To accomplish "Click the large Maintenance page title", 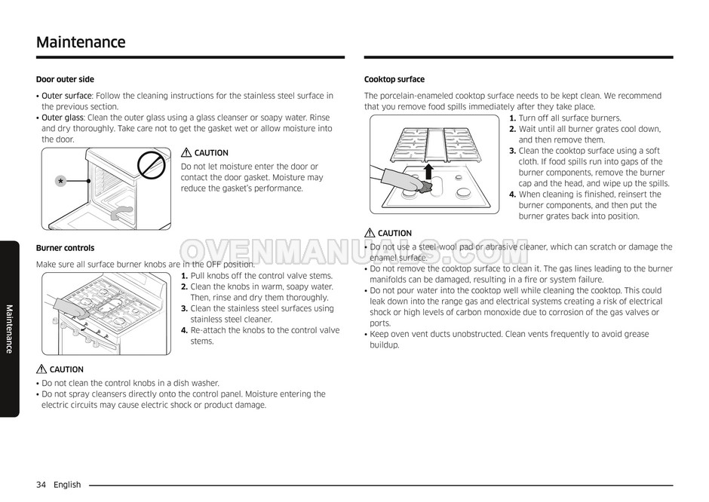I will (81, 42).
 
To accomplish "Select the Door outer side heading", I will (65, 79).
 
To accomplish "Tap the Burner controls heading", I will (65, 248).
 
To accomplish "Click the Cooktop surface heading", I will (394, 79).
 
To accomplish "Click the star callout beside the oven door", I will (60, 182).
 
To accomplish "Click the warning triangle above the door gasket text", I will (186, 153).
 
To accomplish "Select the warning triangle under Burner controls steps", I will (41, 369).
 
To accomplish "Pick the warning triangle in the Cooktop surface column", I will (370, 234).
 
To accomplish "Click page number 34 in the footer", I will (41, 485).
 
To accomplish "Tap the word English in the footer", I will (67, 485).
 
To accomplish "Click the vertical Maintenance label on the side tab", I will (9, 329).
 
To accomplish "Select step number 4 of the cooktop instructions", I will (512, 194).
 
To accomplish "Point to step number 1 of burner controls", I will (184, 276).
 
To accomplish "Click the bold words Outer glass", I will (63, 118).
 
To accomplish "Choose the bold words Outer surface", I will (66, 96).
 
